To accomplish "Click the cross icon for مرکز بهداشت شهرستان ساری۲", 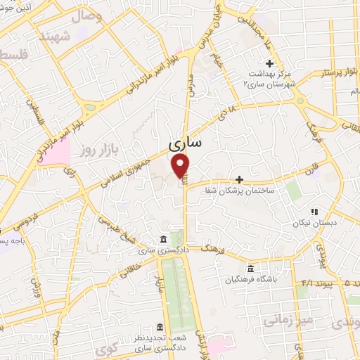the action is pos(269,63).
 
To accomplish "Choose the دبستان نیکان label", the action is pos(314,223).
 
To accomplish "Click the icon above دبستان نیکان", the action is pos(314,211).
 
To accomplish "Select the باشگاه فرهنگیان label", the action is pos(251,281).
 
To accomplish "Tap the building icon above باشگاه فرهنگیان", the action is pos(251,268).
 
